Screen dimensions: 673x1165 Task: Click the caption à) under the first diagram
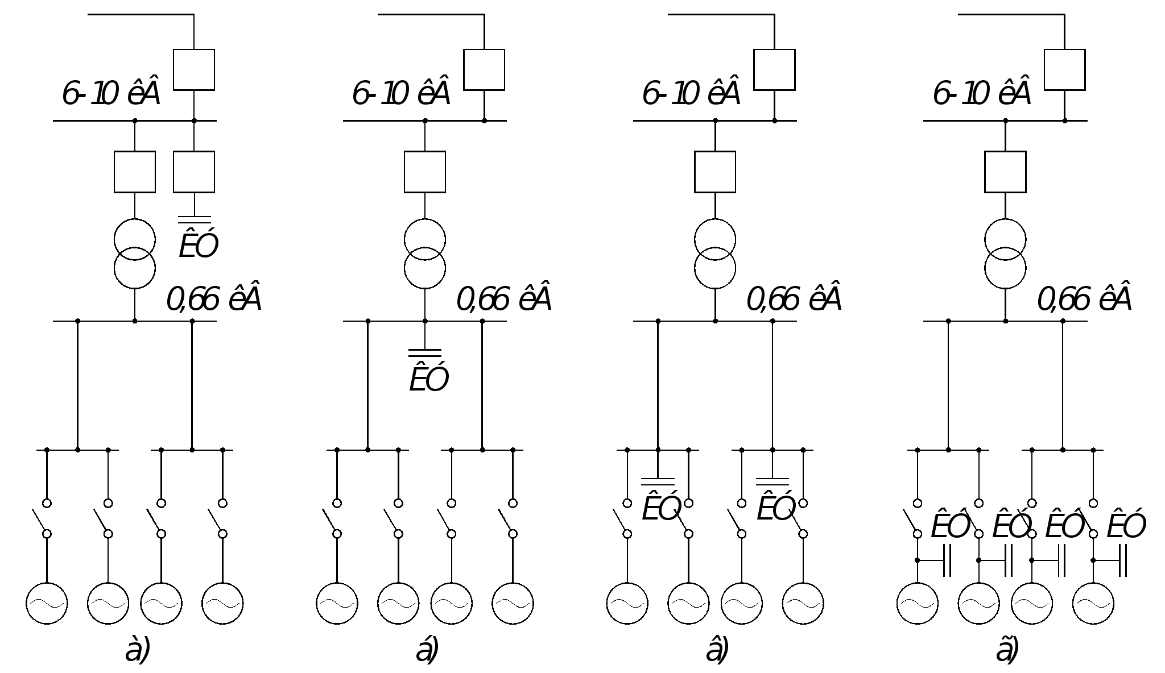tap(138, 651)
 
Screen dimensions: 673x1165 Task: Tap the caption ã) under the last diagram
tap(1007, 651)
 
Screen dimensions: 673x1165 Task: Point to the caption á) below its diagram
tap(427, 651)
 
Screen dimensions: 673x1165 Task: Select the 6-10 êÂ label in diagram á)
tap(402, 94)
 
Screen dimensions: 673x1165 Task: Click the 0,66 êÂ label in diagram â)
tap(794, 300)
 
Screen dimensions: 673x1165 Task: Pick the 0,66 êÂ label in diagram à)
tap(214, 300)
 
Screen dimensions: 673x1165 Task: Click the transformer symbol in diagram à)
tap(135, 254)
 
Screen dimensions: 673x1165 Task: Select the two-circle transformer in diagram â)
tap(715, 254)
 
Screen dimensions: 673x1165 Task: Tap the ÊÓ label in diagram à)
tap(199, 245)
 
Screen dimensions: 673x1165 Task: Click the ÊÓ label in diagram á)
tap(429, 379)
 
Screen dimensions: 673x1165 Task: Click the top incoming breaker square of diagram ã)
tap(1064, 70)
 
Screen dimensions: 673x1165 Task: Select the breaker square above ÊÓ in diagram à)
tap(194, 172)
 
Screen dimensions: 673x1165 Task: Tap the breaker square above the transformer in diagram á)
tap(425, 172)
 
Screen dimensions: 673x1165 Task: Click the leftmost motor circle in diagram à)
tap(47, 603)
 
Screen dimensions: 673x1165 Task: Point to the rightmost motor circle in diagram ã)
tap(1093, 603)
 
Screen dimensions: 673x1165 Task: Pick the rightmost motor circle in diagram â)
tap(803, 603)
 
